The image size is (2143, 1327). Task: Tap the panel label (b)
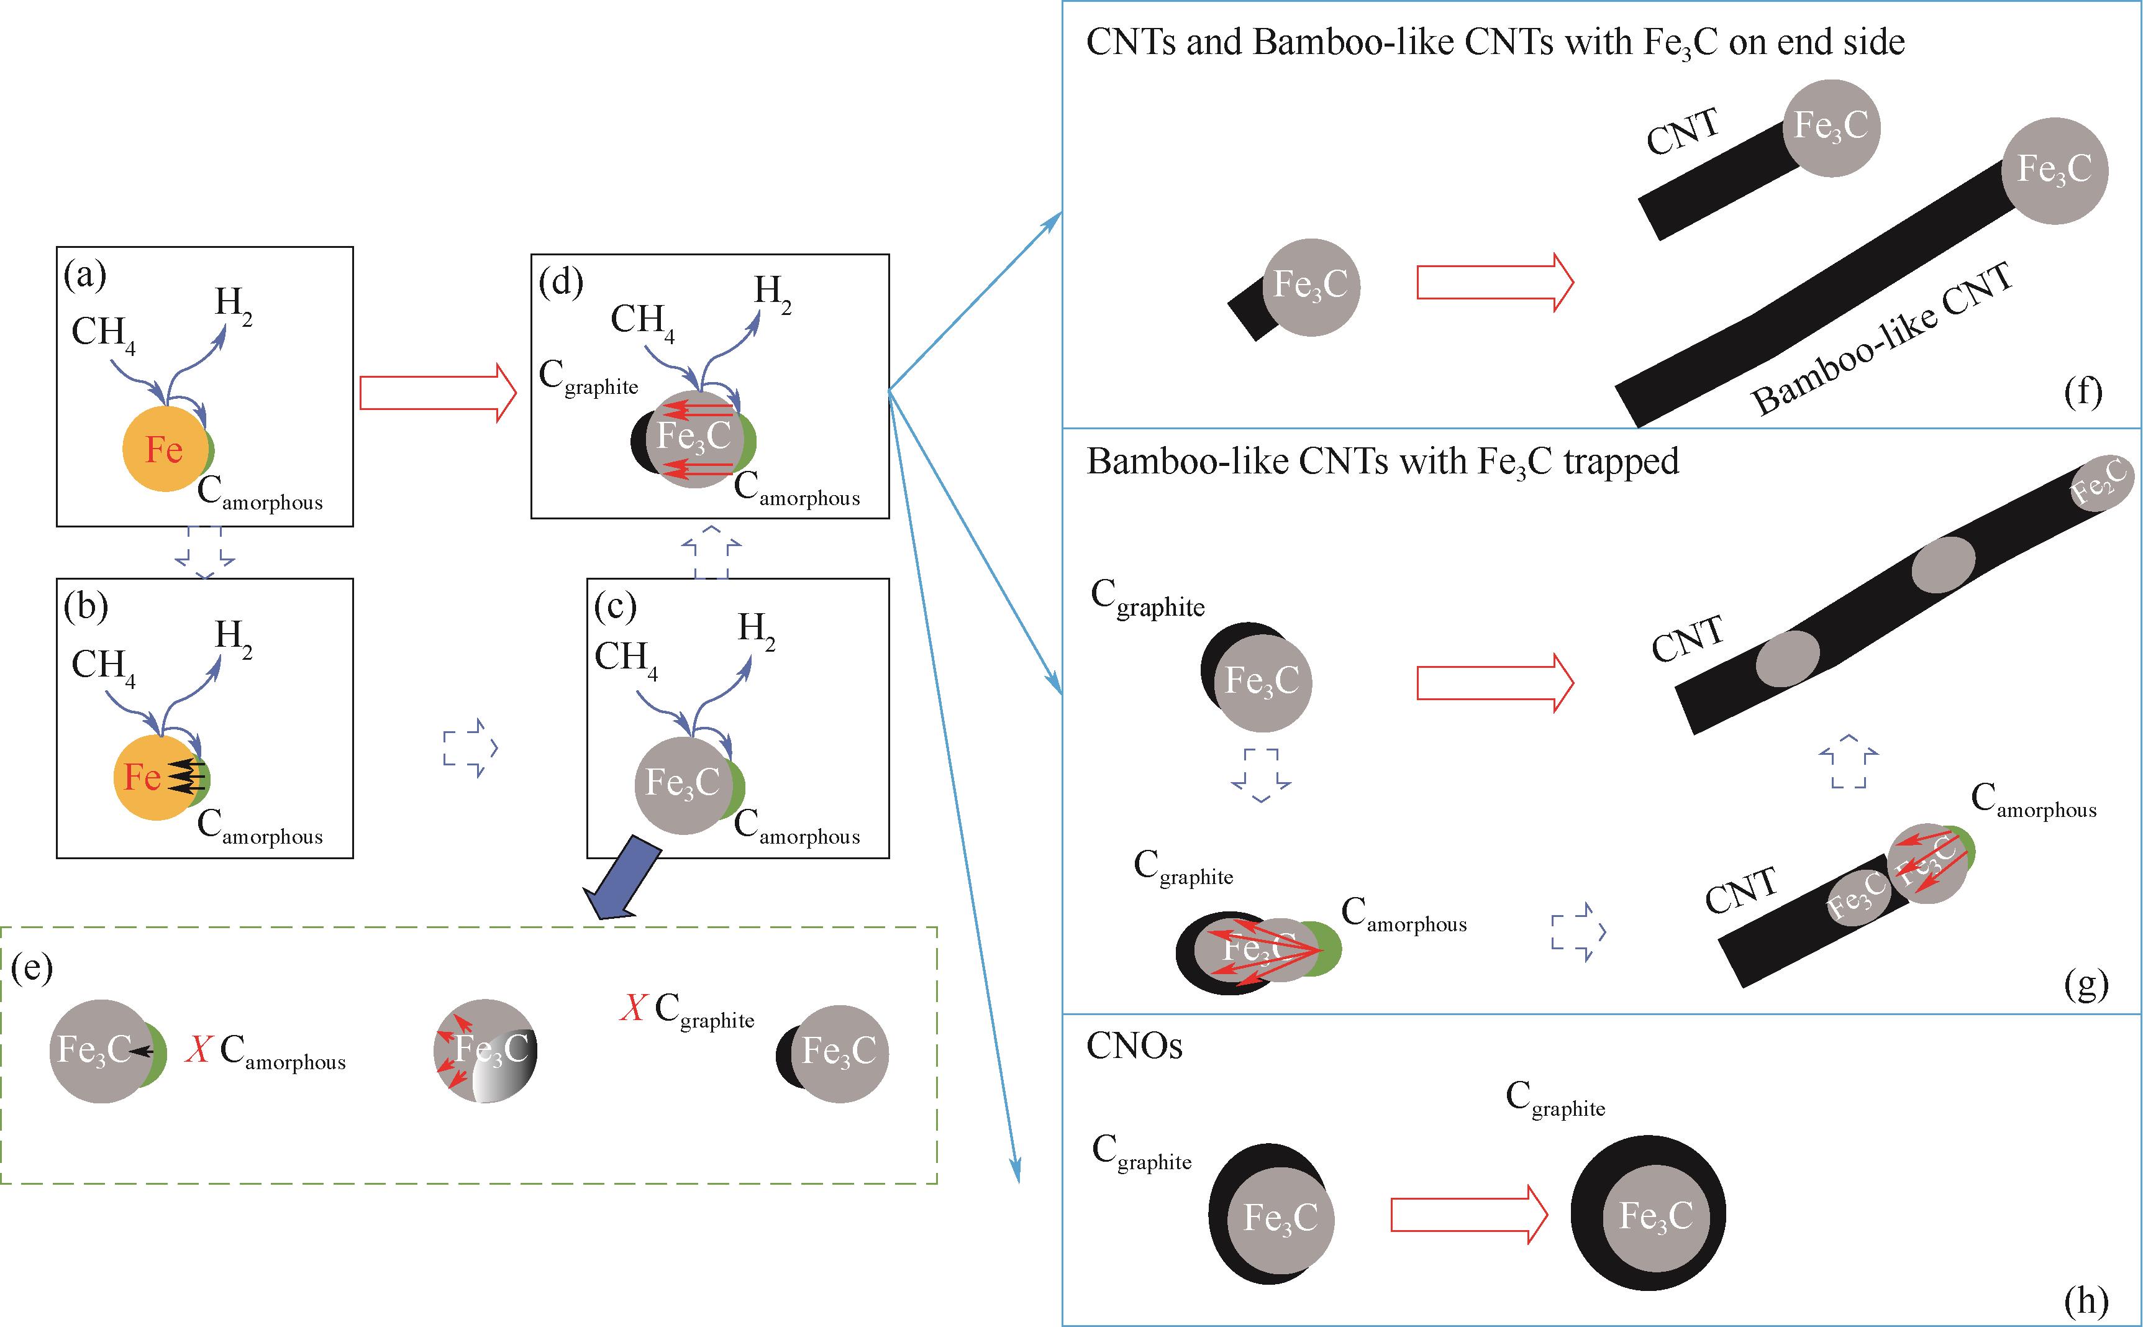pos(85,606)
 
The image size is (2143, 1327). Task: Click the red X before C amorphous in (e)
pos(198,1049)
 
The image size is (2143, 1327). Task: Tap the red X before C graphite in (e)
pos(632,1008)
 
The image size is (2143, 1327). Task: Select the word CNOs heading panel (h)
pos(1134,1046)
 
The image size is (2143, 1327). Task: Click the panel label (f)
pos(2083,391)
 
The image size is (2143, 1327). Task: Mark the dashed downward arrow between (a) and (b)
pos(204,553)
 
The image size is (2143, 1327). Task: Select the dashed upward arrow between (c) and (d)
pos(711,552)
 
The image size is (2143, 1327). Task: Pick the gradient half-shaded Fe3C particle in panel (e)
pos(485,1051)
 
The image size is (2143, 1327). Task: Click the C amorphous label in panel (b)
pos(260,828)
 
